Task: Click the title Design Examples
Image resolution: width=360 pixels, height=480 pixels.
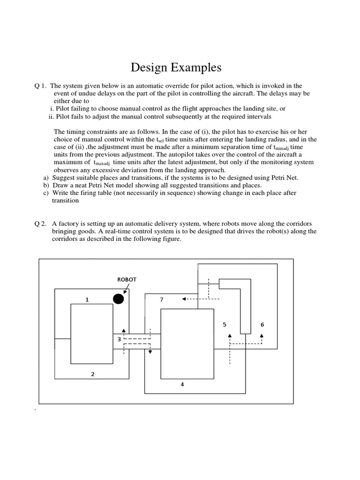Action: click(x=175, y=68)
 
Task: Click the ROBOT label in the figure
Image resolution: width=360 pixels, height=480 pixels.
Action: click(x=127, y=279)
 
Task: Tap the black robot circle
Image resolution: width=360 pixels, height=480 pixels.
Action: click(x=119, y=299)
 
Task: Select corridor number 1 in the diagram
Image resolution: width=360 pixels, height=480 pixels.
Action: click(x=87, y=300)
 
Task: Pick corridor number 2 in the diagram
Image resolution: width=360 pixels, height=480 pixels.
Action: click(x=93, y=374)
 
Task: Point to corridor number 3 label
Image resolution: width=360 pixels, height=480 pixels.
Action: click(x=119, y=339)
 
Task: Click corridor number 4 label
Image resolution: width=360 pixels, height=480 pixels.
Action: click(x=182, y=384)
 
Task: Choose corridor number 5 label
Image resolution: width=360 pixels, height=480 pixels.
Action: click(x=225, y=324)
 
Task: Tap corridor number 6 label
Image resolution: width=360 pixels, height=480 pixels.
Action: click(x=262, y=324)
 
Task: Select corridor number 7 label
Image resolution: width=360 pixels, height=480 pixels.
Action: click(x=161, y=300)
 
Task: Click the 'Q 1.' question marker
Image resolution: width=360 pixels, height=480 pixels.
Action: click(x=40, y=86)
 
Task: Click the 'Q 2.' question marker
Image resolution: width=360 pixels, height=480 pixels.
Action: click(x=40, y=224)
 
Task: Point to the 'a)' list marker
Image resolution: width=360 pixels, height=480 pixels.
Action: click(x=45, y=178)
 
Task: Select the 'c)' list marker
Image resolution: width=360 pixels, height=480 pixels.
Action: click(x=45, y=193)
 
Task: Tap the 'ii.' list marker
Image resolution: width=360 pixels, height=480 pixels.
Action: click(x=52, y=116)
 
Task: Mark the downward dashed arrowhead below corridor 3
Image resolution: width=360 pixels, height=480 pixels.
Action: click(x=150, y=352)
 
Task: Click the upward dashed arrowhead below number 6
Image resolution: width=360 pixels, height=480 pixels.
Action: click(x=262, y=336)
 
